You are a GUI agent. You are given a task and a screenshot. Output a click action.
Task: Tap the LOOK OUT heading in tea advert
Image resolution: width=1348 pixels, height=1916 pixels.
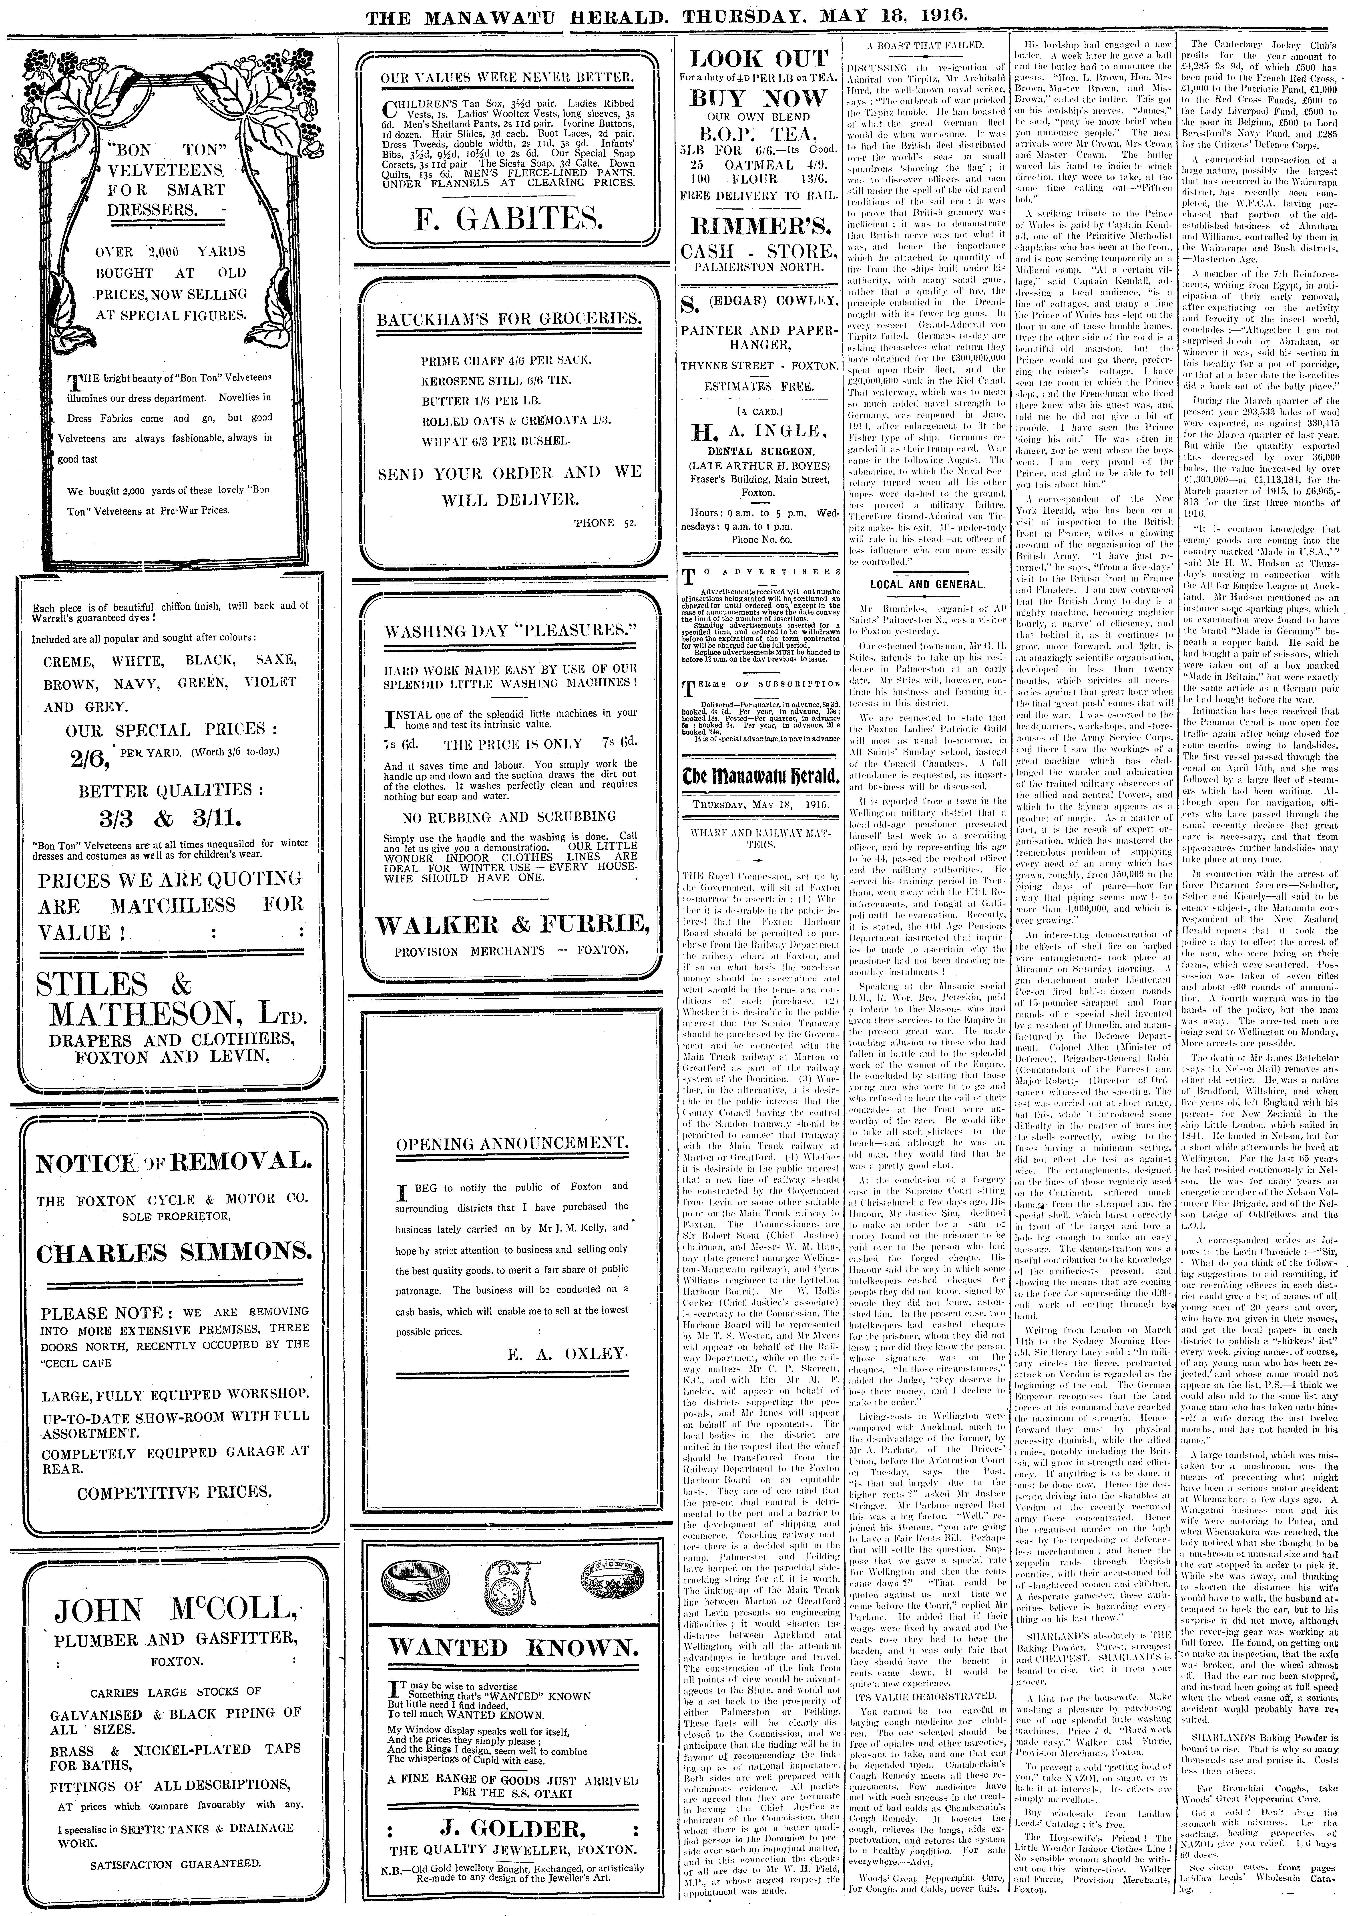[758, 59]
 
